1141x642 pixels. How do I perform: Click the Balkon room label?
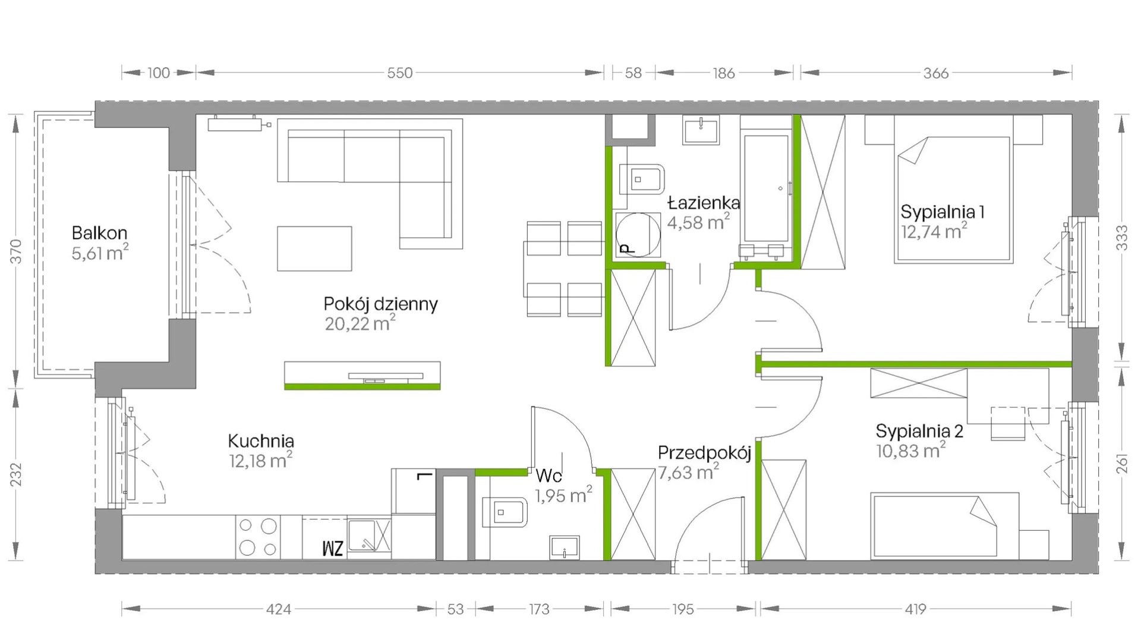coord(99,232)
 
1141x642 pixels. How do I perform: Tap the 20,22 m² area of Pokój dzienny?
coord(360,323)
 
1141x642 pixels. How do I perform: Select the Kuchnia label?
coord(261,441)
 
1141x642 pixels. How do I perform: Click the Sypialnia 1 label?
coord(943,212)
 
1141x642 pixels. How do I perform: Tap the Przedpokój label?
coord(705,453)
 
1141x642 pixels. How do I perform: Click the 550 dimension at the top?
coord(399,73)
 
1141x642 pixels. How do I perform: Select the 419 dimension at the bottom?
coord(915,609)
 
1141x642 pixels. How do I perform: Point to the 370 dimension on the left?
coord(16,251)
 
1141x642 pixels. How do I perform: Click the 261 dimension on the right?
coord(1122,461)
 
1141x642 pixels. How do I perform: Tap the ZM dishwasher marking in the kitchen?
coord(333,548)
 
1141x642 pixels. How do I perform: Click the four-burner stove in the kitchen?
coord(258,537)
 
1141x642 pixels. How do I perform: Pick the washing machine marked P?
coord(638,235)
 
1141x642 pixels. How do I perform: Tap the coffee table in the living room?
coord(314,248)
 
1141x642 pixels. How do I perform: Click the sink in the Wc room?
coord(565,547)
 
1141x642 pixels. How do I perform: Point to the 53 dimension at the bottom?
coord(455,609)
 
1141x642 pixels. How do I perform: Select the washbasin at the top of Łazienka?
coord(701,130)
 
